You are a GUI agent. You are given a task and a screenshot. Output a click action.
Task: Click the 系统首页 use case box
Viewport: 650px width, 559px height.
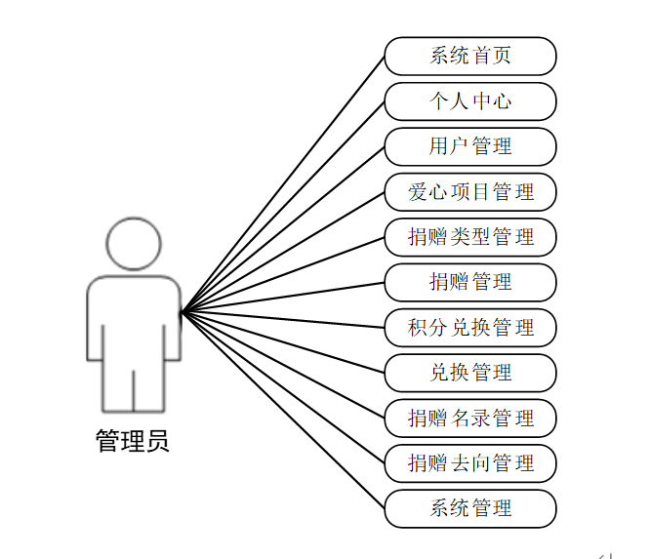point(470,56)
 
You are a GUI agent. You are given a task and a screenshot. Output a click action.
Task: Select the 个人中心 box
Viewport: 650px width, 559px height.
point(470,100)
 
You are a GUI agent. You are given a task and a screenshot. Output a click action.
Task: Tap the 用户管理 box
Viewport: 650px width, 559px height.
point(470,146)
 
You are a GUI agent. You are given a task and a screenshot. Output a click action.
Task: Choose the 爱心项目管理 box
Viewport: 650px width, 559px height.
point(470,191)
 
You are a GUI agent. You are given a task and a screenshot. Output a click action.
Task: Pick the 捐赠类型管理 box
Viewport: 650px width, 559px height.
point(470,237)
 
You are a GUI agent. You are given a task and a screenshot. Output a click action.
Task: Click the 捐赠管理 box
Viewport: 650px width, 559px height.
point(470,282)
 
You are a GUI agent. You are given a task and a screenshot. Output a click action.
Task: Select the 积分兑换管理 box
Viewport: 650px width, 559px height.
point(470,327)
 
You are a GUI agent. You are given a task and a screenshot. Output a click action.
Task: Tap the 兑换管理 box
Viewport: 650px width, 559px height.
point(470,373)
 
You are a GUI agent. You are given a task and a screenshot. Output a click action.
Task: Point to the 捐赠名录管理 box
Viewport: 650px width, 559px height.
point(470,418)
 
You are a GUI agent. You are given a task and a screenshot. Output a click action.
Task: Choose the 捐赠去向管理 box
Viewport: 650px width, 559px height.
point(470,463)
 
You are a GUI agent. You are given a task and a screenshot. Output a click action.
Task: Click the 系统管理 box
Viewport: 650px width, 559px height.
point(470,508)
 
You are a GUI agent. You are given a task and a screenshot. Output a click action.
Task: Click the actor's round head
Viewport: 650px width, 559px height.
point(134,243)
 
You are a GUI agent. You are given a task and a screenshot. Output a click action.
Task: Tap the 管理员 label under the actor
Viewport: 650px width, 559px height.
point(133,441)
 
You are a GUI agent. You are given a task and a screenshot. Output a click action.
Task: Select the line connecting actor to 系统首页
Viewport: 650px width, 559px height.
point(283,184)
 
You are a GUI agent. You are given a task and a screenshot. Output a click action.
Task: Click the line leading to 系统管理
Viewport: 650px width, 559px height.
point(283,411)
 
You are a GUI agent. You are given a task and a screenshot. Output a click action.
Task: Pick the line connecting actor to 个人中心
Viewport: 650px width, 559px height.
point(283,207)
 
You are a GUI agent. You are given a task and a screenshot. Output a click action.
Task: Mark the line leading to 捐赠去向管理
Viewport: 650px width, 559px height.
point(283,388)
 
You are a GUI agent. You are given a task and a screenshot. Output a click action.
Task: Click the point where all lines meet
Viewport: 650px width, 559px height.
point(183,312)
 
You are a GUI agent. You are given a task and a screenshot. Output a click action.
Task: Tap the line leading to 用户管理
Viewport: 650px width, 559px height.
point(283,229)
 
